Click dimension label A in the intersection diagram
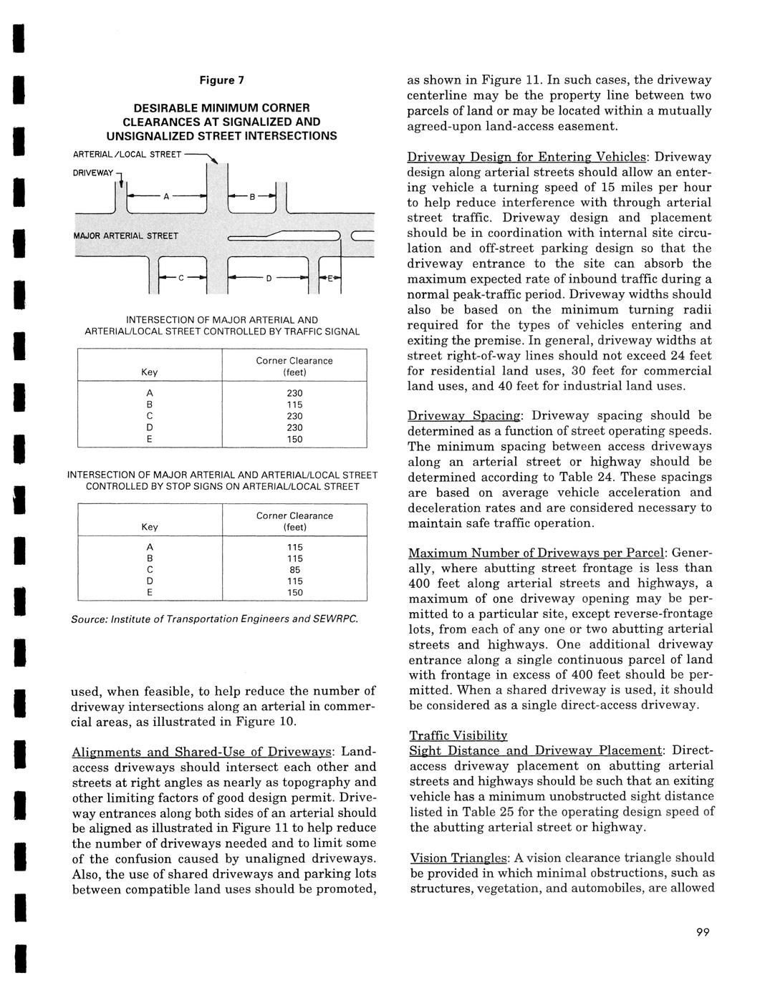tap(166, 198)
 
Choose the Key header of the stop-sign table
tap(150, 527)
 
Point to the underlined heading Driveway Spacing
tap(465, 415)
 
